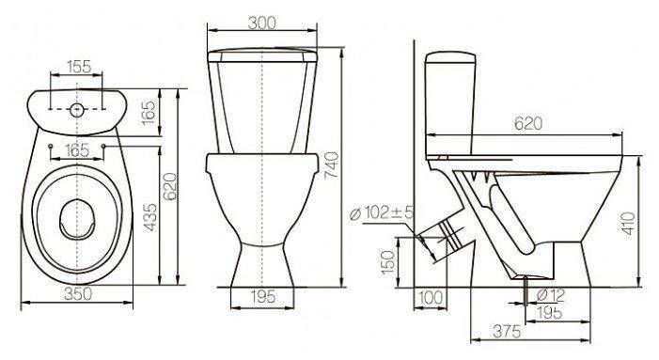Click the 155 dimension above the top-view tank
coord(79,67)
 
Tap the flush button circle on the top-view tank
coord(76,110)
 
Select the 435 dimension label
coord(149,217)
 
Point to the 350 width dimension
coord(78,293)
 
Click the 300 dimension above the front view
coord(262,23)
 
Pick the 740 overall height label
coord(331,165)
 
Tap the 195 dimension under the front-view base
coord(263,297)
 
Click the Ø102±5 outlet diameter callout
coord(381,212)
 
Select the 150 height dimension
coord(388,262)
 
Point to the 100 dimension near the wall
coord(431,297)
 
